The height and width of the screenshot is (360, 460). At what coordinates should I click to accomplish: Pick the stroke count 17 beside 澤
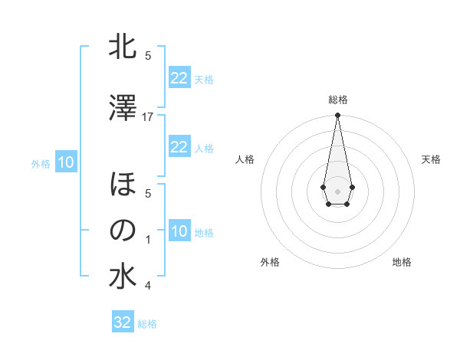click(148, 116)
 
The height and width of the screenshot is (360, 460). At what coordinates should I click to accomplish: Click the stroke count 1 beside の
click(148, 240)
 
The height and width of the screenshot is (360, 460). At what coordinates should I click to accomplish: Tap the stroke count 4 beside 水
click(148, 286)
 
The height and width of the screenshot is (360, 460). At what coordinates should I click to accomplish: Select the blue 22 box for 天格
click(179, 78)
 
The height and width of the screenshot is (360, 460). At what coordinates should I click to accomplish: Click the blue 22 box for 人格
click(179, 147)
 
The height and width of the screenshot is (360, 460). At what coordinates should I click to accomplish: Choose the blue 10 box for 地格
click(179, 231)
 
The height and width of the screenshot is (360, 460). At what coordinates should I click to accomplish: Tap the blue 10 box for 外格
click(66, 162)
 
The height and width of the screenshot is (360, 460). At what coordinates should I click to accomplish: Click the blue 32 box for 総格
click(123, 322)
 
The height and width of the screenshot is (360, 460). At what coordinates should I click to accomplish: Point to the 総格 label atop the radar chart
click(338, 100)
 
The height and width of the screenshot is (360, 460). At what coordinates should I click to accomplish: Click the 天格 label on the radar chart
click(431, 159)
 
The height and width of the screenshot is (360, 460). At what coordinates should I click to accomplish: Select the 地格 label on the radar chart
click(402, 262)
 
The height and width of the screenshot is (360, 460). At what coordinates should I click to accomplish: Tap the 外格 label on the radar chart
click(270, 262)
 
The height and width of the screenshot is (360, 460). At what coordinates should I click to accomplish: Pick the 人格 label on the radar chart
click(245, 159)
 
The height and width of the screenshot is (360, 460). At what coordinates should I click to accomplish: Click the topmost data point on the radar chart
click(337, 115)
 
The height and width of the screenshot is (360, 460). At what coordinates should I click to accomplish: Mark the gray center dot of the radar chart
click(337, 190)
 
